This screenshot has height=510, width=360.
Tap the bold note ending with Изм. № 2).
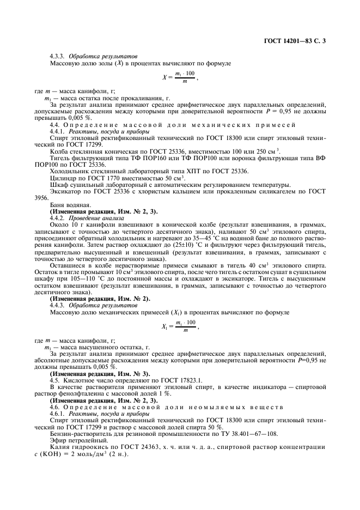(100, 299)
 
